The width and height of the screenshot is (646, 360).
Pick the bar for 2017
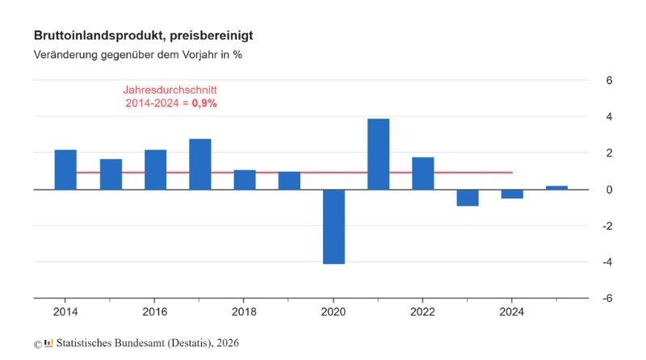point(200,164)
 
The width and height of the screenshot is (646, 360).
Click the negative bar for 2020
point(333,226)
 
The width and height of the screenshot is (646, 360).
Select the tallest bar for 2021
point(379,154)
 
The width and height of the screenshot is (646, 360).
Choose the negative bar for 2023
point(468,198)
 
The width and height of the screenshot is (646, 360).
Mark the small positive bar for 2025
point(556,187)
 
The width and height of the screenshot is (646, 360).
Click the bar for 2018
point(245,179)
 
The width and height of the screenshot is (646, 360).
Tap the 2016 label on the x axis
point(154,312)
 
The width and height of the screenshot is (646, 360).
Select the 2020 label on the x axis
point(333,312)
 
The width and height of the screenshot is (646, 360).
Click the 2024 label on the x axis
point(512,312)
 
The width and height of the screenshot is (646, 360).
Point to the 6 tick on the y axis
point(610,81)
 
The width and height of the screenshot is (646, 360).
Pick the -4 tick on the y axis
point(608,262)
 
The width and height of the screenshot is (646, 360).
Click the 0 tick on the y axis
point(610,190)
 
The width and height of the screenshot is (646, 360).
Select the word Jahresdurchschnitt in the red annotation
point(170,90)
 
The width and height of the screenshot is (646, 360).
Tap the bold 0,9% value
point(204,103)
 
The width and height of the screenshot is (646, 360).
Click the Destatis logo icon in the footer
point(48,343)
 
